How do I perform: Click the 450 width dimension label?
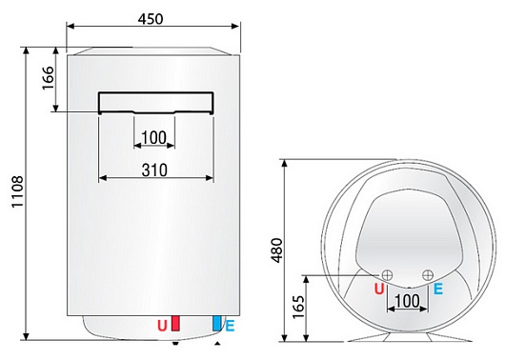(x=150, y=20)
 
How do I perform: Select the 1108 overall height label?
(x=14, y=192)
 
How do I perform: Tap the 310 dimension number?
(x=154, y=170)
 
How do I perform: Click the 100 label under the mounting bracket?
(x=153, y=139)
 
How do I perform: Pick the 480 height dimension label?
(x=274, y=249)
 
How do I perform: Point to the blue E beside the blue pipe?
(x=230, y=327)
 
